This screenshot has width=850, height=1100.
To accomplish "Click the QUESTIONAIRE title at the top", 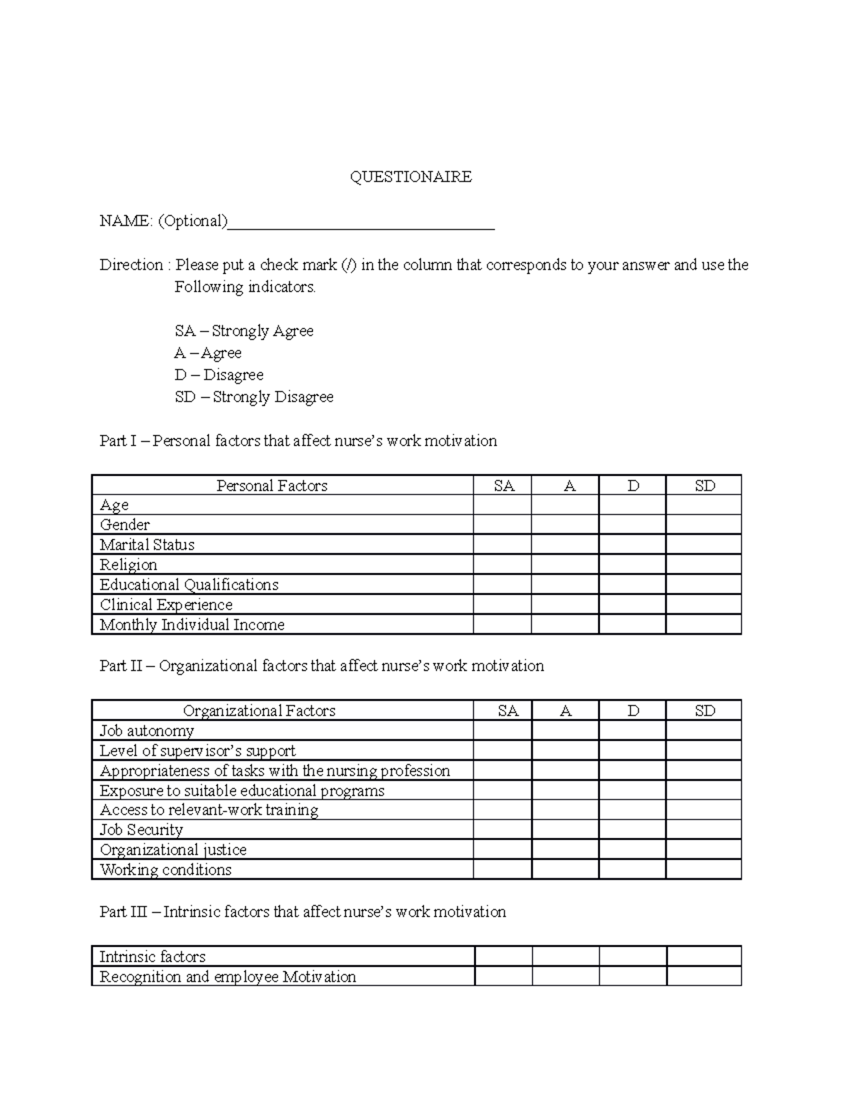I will [411, 177].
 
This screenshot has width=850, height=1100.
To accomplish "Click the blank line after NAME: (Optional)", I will [361, 222].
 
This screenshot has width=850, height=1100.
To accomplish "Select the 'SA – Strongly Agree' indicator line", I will [244, 331].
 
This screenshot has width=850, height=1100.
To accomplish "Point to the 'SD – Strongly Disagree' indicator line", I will [254, 397].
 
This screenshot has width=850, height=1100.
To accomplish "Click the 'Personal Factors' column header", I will [272, 485].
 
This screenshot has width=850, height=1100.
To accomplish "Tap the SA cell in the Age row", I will [502, 505].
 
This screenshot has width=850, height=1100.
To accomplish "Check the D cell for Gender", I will [633, 525].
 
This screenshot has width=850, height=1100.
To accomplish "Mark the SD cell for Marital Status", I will [703, 545].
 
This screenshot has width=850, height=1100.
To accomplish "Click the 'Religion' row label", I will [128, 565].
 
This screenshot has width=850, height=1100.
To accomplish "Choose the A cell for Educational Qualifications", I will [565, 584].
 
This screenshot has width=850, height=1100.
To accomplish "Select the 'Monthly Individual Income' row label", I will [192, 625].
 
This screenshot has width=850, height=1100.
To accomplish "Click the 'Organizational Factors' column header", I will [259, 710].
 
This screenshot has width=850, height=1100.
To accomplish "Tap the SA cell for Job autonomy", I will [502, 731].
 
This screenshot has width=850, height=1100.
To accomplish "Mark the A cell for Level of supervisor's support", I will [565, 751].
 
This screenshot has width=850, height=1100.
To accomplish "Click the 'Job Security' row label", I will [141, 829].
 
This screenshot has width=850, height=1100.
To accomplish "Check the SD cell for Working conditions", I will [703, 869].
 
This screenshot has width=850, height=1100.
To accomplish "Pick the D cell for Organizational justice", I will [633, 849].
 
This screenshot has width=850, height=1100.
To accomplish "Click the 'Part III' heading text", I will [302, 912].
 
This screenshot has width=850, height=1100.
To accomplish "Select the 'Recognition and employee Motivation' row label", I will [227, 977].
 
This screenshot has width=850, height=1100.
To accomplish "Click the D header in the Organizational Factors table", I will [633, 710].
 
